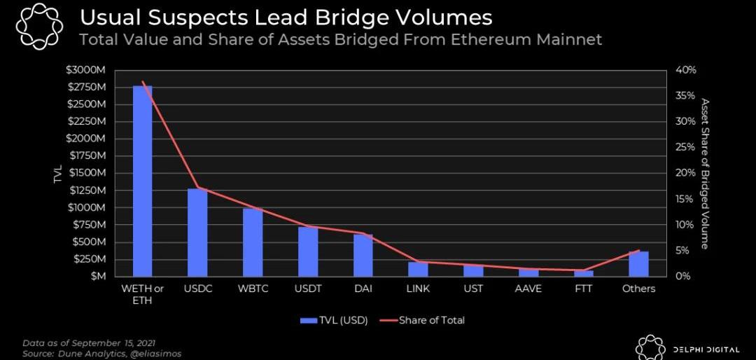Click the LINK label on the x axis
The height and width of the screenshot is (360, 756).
[418, 289]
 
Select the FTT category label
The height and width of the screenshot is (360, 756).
[583, 289]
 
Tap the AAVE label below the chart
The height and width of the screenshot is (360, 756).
[528, 289]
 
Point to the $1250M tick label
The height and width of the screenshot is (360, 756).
[86, 191]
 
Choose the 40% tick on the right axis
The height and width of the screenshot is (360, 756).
[686, 70]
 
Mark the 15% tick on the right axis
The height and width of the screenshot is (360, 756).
[686, 199]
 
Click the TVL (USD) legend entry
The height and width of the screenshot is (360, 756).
[333, 320]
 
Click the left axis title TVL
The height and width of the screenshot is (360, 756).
[57, 174]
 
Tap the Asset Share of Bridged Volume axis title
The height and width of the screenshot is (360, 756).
[705, 173]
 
